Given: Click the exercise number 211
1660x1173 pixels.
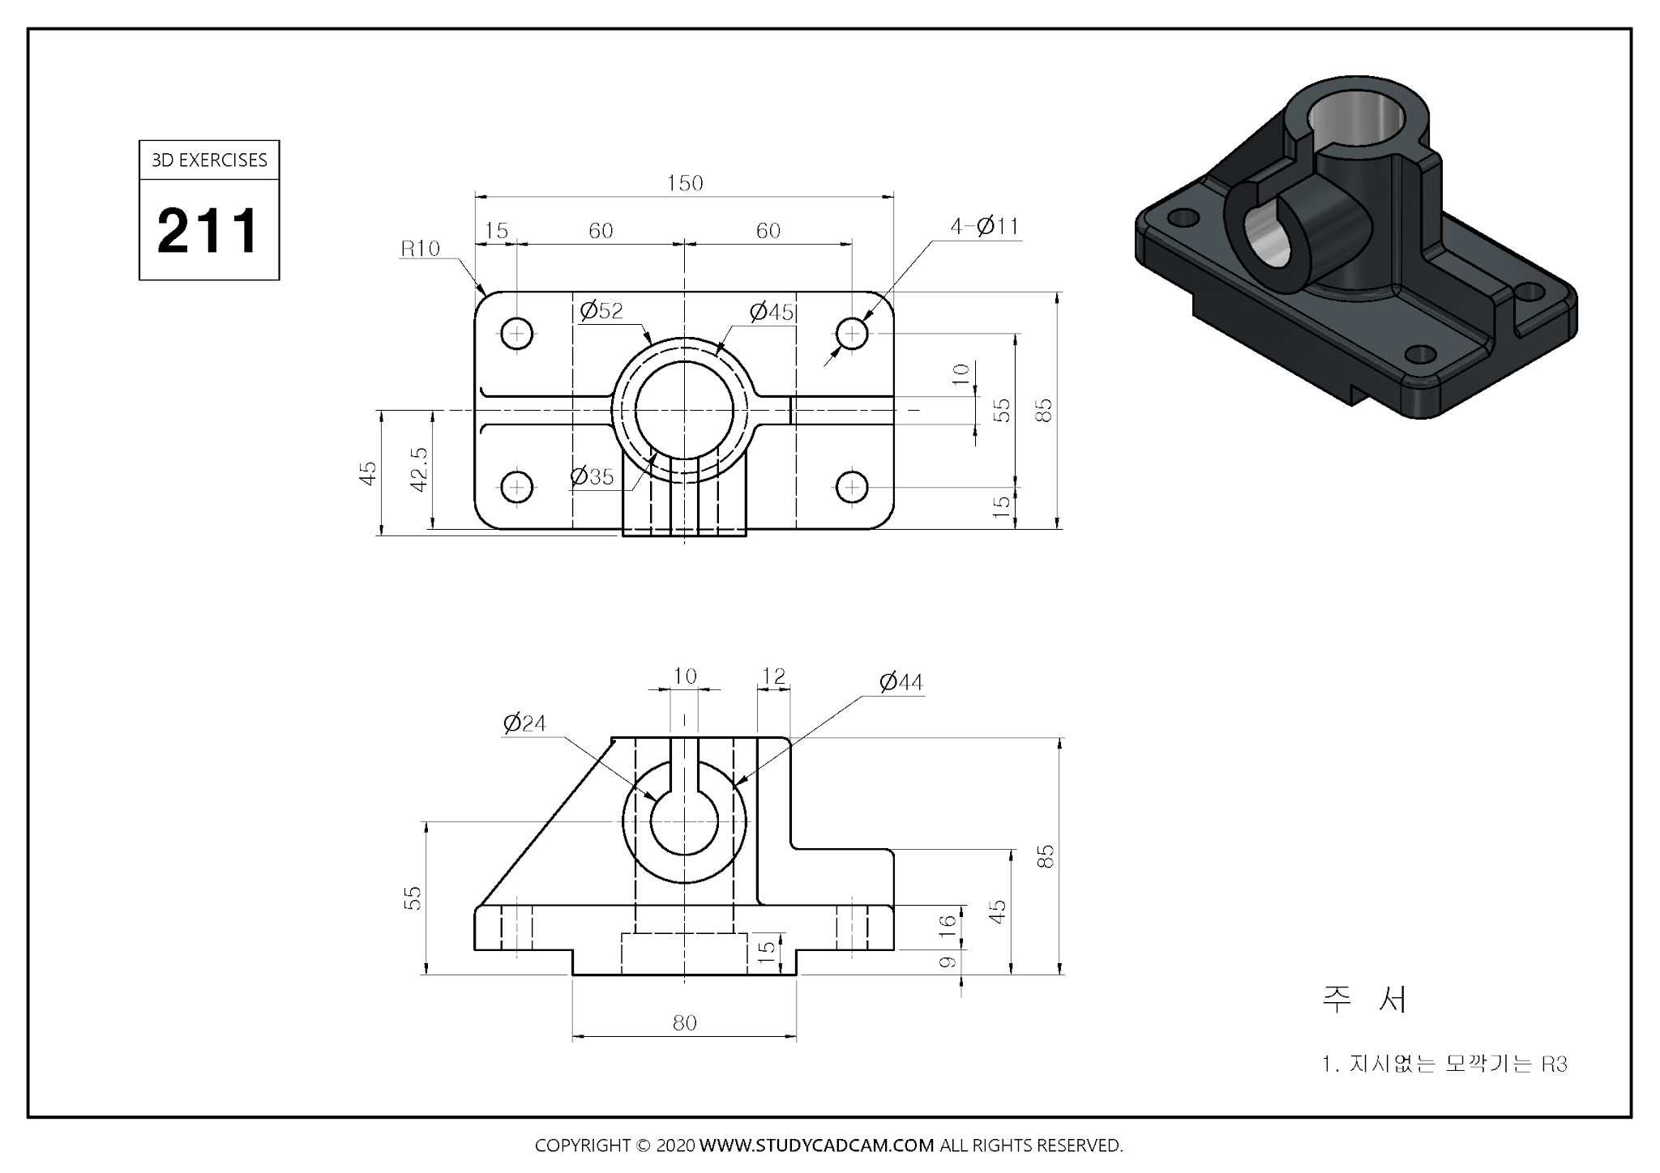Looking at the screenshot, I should pos(208,231).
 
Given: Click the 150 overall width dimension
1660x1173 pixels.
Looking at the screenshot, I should pos(685,183).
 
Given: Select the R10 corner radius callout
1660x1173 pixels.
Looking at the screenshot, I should pos(420,249).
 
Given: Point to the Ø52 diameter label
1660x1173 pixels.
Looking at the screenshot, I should pos(601,311).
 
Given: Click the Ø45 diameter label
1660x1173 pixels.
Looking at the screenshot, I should pos(771,312).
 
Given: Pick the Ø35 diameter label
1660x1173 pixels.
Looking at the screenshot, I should pos(592,476).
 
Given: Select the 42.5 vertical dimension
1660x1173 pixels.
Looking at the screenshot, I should pos(419,469).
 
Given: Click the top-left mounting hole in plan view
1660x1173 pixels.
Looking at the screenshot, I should pos(516,333).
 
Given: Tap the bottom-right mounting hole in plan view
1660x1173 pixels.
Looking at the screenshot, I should pos(852,487).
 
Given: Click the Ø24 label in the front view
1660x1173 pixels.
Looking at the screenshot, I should pos(524,723).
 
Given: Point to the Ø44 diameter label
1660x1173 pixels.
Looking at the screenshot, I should pos(901,683).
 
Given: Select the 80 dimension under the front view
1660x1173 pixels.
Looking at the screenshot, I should pos(684,1023).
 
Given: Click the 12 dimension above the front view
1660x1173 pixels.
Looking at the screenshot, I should pos(774,676).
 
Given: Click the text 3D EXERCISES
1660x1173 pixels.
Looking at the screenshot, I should pos(209,160).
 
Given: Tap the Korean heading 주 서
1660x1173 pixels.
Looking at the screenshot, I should pos(1365,1000).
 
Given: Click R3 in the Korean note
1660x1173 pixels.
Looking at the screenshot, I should pos(1554,1064).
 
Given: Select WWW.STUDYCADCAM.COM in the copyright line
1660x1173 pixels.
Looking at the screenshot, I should pos(816,1145).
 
